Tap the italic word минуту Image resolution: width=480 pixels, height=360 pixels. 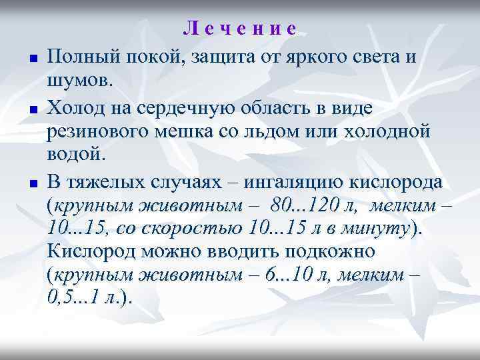[379, 229]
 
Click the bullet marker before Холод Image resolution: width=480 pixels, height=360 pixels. [32, 108]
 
